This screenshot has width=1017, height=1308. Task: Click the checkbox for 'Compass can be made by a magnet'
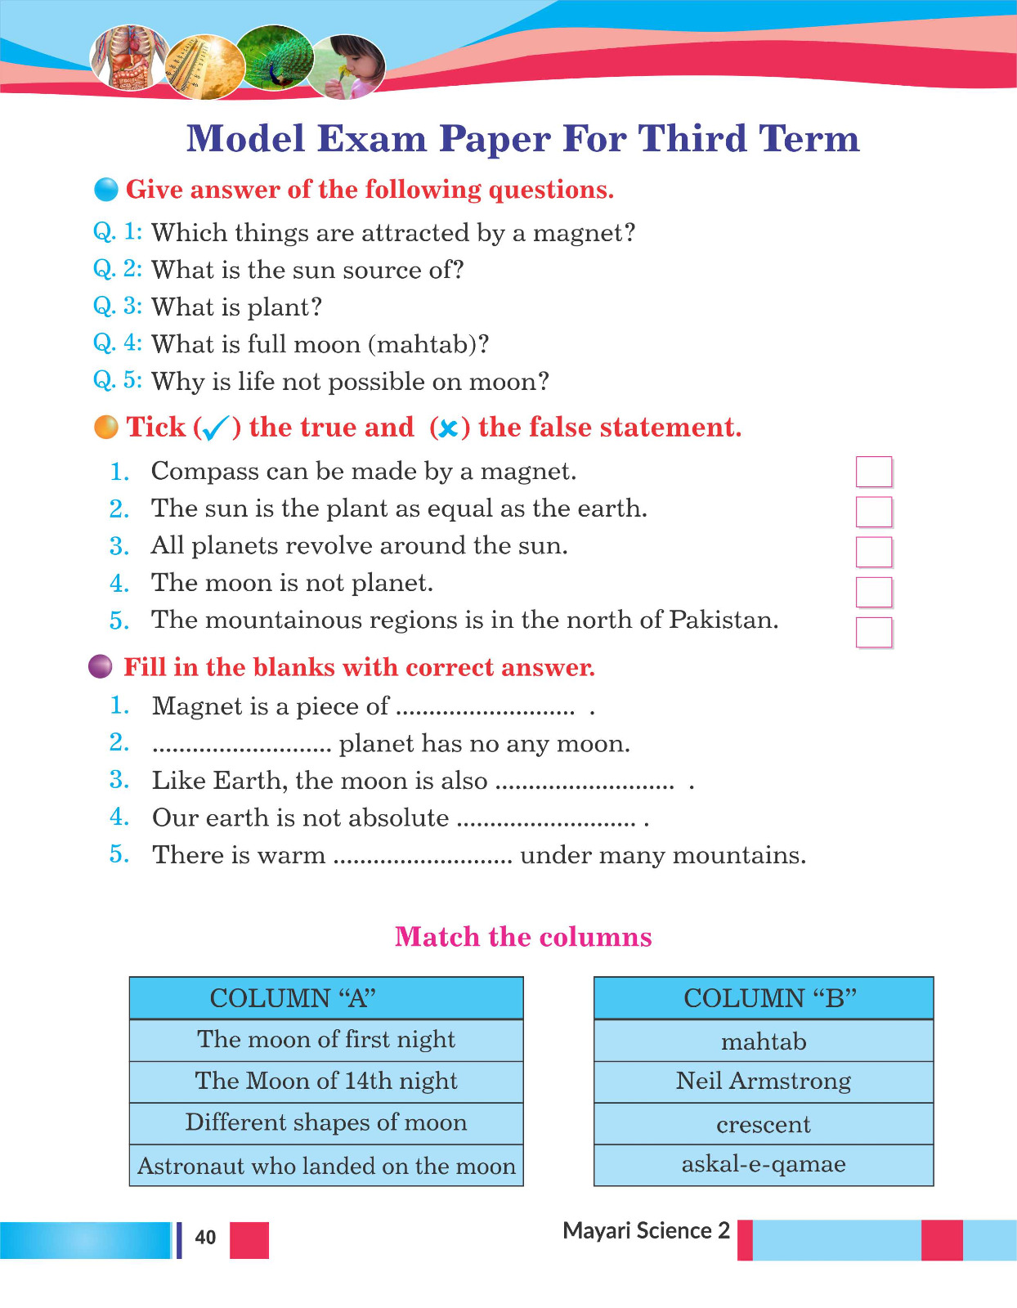tap(873, 472)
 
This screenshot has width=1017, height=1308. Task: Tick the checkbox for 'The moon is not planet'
tap(873, 592)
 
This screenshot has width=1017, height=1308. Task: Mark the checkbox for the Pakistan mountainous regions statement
tap(873, 632)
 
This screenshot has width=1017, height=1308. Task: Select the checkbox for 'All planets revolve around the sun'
tap(873, 552)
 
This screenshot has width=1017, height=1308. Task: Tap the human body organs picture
tap(128, 57)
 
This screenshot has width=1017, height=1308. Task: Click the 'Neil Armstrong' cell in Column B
tap(763, 1082)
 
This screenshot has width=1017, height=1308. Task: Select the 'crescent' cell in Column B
tap(763, 1124)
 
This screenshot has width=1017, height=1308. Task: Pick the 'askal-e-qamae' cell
tap(763, 1164)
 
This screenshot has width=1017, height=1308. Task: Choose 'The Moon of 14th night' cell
tap(325, 1082)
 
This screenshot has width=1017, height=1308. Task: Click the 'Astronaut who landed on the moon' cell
tap(325, 1166)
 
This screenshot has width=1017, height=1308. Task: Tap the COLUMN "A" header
tap(325, 998)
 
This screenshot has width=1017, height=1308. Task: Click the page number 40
tap(205, 1238)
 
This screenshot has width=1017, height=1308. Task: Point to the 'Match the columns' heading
tap(523, 937)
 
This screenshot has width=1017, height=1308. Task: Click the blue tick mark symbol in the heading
tap(215, 428)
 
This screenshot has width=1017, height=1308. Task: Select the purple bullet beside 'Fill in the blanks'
tap(100, 667)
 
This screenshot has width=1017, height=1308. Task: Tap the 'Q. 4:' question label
tap(118, 343)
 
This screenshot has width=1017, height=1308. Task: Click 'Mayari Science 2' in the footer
tap(646, 1231)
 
